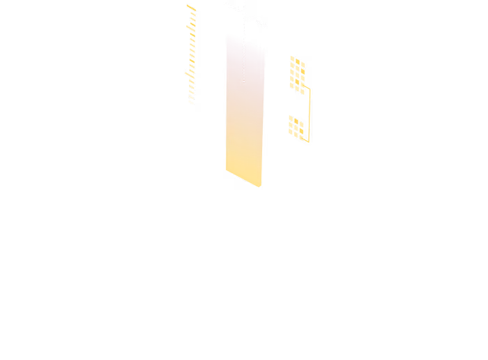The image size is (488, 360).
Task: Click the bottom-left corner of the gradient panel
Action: coord(224,169)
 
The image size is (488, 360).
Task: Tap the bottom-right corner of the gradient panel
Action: coord(261,188)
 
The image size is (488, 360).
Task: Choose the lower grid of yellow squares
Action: coord(296,127)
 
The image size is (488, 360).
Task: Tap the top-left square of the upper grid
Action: coord(291,59)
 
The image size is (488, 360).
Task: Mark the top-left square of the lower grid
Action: coord(291,117)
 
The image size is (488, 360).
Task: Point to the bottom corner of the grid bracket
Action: coord(309,142)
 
